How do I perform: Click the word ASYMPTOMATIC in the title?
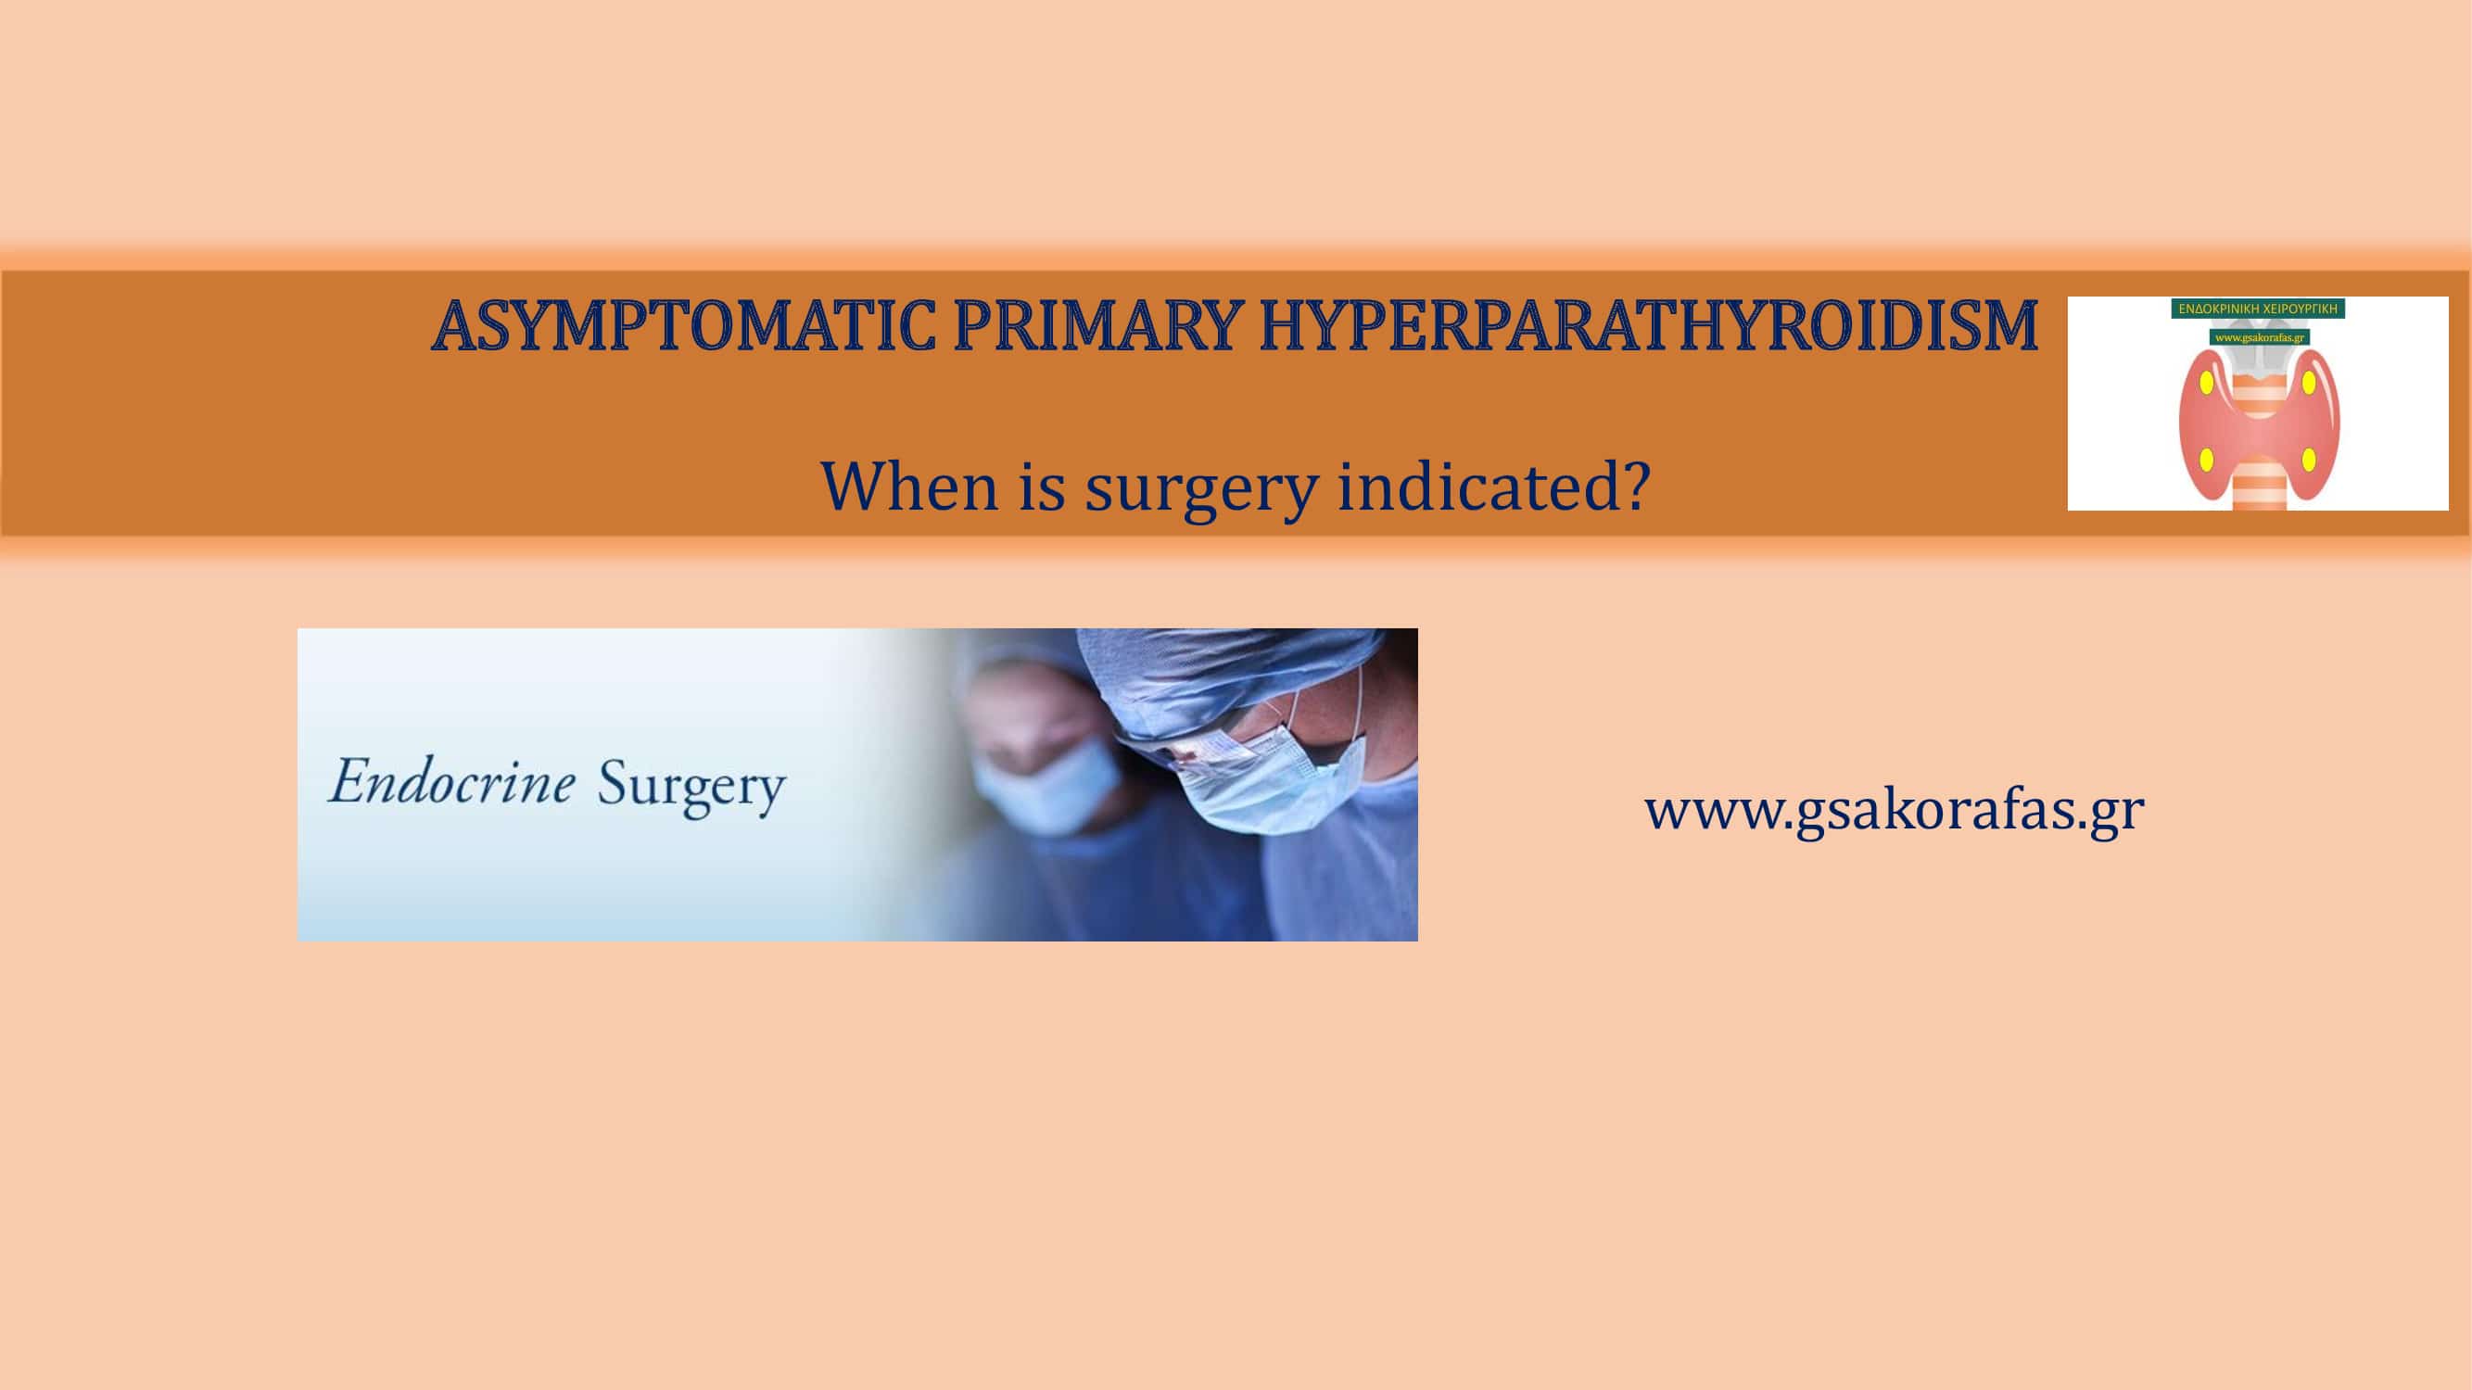click(684, 326)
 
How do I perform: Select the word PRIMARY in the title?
click(1093, 326)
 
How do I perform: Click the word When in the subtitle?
click(908, 486)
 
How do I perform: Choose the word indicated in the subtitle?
click(1473, 486)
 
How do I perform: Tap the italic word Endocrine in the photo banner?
click(452, 781)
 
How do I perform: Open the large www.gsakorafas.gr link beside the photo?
click(1895, 810)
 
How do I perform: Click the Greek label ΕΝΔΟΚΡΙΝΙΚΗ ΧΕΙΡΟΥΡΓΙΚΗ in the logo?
click(2258, 309)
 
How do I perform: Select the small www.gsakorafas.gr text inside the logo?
click(2259, 336)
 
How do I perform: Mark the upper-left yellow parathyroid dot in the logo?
click(2206, 383)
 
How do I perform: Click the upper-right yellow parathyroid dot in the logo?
click(2309, 383)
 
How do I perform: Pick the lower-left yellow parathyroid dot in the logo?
click(2206, 461)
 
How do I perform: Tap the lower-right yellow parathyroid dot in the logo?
click(2309, 461)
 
